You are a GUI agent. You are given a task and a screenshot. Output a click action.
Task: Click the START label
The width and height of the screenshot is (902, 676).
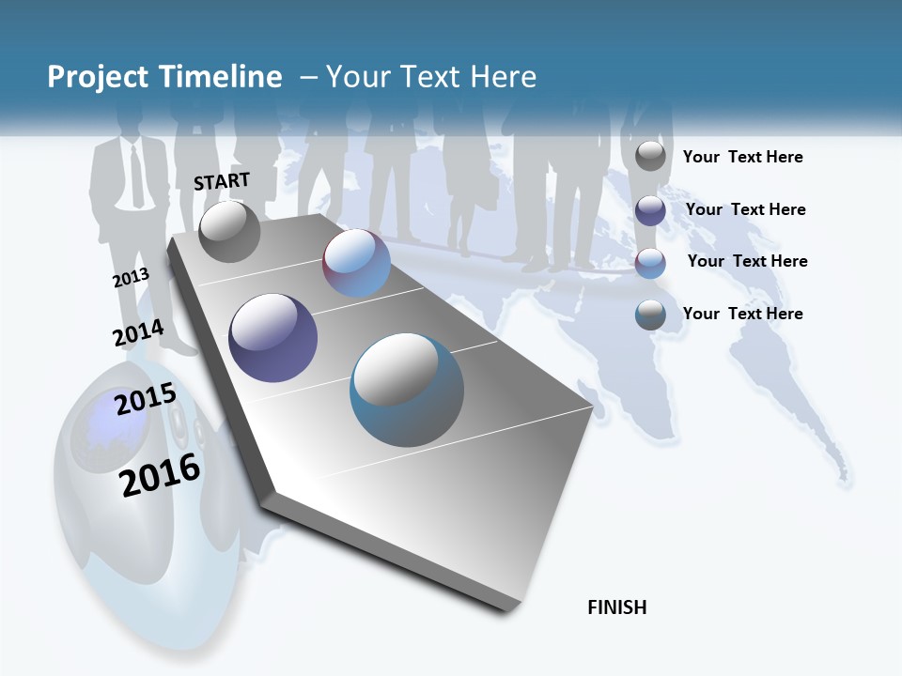(x=222, y=181)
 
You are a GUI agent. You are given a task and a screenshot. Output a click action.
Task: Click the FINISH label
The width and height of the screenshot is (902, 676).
(x=617, y=607)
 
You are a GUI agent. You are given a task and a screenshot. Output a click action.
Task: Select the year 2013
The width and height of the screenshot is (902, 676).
(x=131, y=278)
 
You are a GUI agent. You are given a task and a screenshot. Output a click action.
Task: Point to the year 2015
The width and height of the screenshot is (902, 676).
(x=146, y=398)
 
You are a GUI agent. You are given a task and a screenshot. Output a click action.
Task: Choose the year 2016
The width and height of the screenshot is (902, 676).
(x=161, y=474)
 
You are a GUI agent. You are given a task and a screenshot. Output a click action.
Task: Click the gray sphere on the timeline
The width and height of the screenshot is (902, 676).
(x=229, y=231)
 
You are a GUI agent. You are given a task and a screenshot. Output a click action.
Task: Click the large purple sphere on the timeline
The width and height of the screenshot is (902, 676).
(x=273, y=337)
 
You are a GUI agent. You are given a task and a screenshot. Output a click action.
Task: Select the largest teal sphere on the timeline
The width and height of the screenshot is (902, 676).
(x=407, y=390)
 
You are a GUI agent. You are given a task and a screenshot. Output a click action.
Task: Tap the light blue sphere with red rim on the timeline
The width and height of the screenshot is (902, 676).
(x=357, y=263)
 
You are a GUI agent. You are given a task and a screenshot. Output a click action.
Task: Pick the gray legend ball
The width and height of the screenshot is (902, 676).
(x=650, y=156)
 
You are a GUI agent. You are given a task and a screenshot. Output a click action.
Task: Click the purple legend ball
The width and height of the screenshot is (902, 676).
(x=650, y=210)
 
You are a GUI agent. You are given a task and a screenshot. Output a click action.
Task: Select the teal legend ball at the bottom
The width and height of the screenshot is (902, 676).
(x=650, y=315)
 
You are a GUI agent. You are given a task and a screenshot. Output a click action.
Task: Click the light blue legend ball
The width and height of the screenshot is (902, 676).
(x=650, y=263)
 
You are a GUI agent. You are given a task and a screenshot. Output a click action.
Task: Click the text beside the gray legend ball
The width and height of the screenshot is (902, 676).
(x=743, y=157)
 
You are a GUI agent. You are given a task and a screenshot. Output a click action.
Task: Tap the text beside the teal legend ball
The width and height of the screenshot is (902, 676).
(x=743, y=314)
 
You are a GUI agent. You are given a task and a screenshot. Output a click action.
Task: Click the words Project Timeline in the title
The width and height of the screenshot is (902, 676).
(x=164, y=77)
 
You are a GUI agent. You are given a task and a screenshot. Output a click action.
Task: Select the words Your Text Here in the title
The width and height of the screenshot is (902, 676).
(x=431, y=77)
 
